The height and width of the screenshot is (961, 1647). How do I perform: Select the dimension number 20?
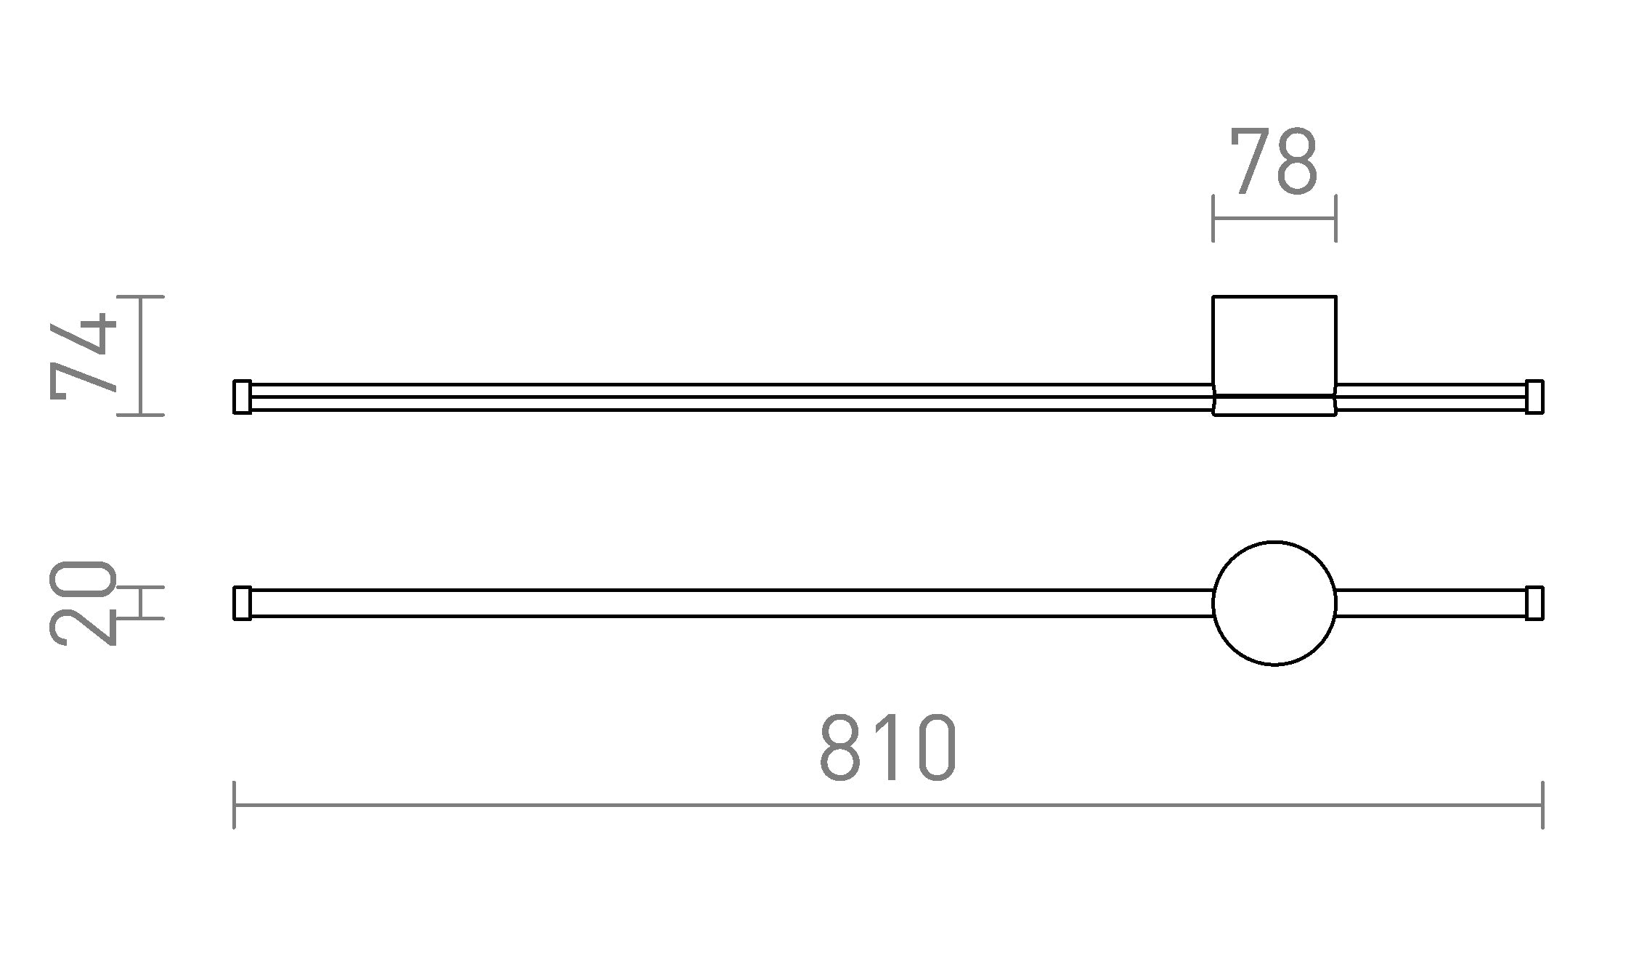click(83, 603)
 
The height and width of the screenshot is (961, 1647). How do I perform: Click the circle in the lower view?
click(1274, 603)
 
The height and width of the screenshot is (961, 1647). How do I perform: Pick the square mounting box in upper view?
click(1274, 345)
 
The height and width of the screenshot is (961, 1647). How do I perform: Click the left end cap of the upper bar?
click(242, 397)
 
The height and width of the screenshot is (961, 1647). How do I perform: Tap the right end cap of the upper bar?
click(1534, 397)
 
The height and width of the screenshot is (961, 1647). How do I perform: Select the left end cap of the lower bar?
click(242, 603)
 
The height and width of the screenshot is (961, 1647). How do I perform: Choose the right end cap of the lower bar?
click(1534, 603)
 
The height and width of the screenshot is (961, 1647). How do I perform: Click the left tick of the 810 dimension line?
click(234, 805)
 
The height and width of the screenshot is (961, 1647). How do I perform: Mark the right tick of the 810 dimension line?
click(1542, 805)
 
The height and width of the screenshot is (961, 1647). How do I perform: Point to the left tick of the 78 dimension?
click(1213, 218)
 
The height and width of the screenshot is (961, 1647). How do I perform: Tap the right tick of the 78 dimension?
click(1335, 218)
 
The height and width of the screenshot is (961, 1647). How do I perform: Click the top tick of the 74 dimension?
click(141, 296)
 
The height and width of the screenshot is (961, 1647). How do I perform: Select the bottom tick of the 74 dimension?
click(141, 415)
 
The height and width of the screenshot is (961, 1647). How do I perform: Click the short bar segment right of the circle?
click(1431, 603)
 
